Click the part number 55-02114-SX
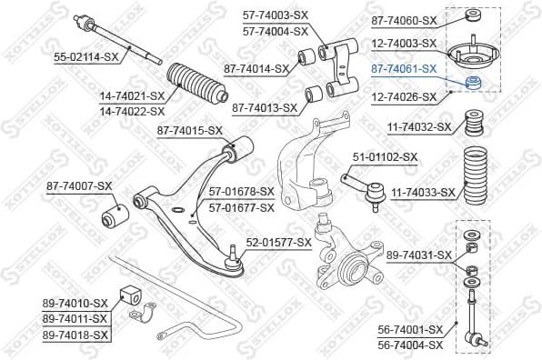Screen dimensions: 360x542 [86, 56]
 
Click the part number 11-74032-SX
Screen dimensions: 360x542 [419, 127]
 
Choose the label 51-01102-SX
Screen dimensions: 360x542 [385, 156]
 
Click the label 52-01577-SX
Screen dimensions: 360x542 [278, 243]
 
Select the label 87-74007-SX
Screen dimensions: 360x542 [79, 186]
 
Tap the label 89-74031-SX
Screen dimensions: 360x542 [419, 255]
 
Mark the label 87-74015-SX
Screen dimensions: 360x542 [189, 130]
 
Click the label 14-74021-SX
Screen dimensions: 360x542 [132, 95]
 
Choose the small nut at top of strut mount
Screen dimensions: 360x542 [474, 15]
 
